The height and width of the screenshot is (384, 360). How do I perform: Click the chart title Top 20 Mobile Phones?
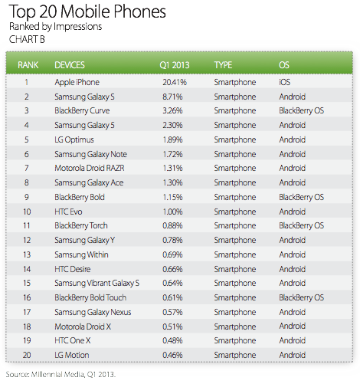87,11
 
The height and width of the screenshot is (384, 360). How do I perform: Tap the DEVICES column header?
70,65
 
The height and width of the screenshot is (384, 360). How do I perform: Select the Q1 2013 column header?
175,65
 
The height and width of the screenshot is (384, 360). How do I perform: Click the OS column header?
284,65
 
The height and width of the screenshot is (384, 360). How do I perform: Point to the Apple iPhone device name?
77,83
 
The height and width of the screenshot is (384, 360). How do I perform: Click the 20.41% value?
175,82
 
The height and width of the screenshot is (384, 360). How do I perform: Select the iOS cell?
284,82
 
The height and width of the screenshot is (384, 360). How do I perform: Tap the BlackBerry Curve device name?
82,111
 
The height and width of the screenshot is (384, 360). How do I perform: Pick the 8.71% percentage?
172,97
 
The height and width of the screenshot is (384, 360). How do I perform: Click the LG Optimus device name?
74,140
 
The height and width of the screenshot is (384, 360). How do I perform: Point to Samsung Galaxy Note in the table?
90,154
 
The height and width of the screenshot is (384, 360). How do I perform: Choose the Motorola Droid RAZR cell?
90,168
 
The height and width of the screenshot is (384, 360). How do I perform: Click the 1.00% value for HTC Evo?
172,212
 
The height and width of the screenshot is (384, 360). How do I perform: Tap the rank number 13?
27,254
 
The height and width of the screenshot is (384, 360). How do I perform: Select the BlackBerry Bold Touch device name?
90,297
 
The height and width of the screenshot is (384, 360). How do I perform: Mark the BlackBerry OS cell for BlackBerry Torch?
301,226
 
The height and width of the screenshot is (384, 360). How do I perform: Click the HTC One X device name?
73,340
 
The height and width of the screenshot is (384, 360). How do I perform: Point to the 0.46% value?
172,355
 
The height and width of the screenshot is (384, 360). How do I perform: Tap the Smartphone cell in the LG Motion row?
235,356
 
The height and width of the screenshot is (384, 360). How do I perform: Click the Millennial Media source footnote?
61,375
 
